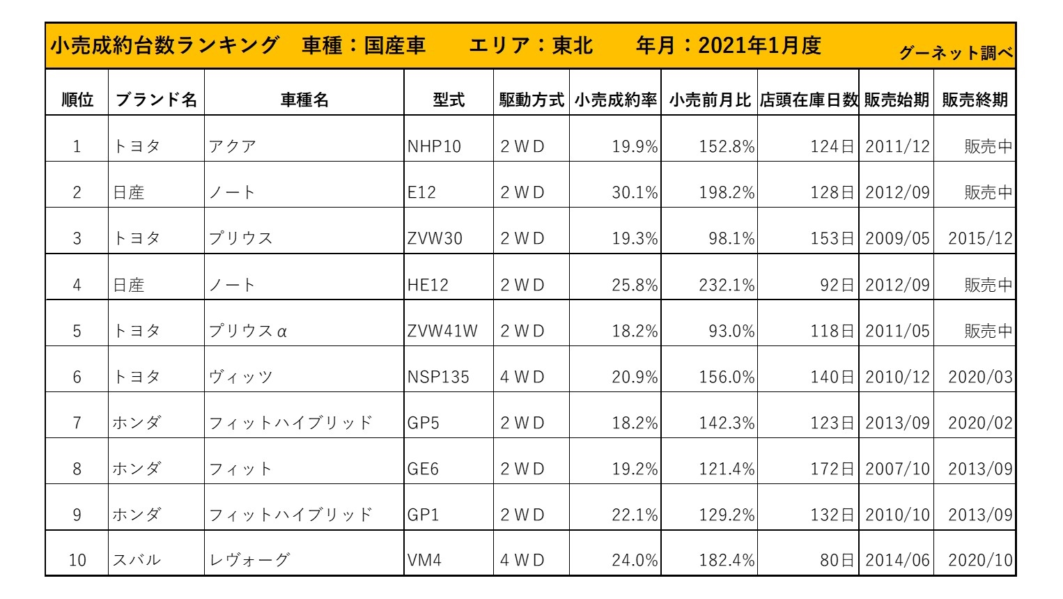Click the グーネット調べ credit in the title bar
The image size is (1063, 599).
(x=955, y=53)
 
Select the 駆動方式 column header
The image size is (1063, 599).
(x=531, y=100)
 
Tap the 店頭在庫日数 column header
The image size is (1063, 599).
(x=808, y=100)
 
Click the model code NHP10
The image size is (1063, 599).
(x=434, y=146)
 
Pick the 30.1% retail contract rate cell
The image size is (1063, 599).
(x=634, y=192)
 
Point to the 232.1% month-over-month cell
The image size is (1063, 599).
(x=727, y=285)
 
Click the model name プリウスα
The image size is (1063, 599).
(x=248, y=331)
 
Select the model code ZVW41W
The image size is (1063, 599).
(x=442, y=331)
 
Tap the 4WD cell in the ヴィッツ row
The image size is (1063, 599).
(x=522, y=377)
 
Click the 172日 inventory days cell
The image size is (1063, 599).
(x=832, y=469)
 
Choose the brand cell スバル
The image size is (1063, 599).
(x=137, y=560)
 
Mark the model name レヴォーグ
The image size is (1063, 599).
(x=249, y=560)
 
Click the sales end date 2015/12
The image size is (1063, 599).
(x=980, y=238)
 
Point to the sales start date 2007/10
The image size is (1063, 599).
(x=897, y=469)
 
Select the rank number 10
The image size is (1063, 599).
(x=77, y=560)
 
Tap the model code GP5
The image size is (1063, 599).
(x=423, y=423)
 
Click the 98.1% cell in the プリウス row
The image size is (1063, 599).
(x=731, y=238)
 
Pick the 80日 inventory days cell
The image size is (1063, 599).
(x=837, y=560)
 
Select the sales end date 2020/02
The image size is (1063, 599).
(x=980, y=423)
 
